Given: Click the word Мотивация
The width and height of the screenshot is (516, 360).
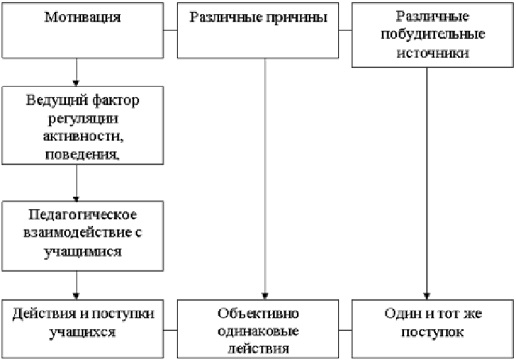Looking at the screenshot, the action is tap(82, 17).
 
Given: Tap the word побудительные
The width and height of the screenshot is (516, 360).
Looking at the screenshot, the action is tap(433, 34).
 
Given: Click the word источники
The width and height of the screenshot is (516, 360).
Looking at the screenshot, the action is tap(433, 53).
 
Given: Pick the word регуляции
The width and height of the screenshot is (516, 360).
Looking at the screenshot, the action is tap(83, 119).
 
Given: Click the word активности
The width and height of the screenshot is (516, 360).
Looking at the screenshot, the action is tap(83, 136).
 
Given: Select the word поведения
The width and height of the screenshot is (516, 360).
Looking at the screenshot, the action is tap(82, 154).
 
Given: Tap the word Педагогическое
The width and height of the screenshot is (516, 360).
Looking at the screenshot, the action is tap(82, 216).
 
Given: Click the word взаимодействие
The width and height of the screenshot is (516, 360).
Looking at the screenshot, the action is tap(78, 233).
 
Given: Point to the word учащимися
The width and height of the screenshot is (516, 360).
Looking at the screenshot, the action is tap(82, 252).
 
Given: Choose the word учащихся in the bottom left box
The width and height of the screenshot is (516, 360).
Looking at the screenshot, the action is tap(82, 332).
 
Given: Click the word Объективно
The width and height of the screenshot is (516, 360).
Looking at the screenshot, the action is tap(258, 313).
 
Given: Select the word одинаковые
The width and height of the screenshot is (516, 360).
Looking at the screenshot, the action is tap(258, 331).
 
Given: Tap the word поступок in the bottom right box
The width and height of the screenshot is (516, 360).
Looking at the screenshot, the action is tap(432, 332).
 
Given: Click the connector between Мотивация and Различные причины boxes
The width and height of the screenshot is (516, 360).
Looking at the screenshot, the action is tap(170, 30).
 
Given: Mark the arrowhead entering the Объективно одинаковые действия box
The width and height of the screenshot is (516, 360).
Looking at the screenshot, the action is tap(265, 296).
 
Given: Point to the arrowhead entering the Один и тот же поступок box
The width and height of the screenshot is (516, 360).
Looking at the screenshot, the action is tap(427, 296).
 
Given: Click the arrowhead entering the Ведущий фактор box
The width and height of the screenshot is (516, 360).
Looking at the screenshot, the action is tap(76, 83).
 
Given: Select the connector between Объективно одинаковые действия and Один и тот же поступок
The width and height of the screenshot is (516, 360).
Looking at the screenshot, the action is tap(345, 330).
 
